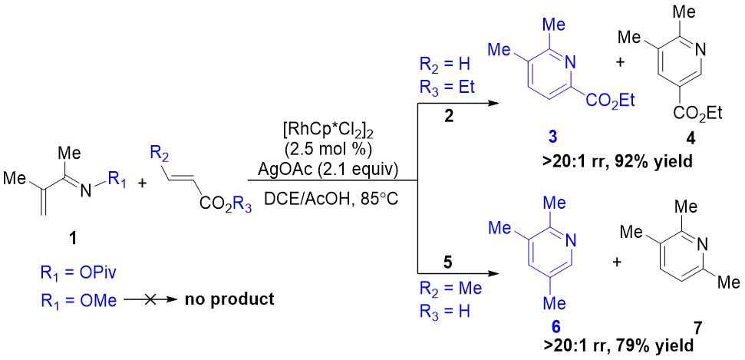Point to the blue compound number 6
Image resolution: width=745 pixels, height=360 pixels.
555,327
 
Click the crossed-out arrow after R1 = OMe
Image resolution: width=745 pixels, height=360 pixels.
150,299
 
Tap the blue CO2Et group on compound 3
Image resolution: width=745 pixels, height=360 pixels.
611,100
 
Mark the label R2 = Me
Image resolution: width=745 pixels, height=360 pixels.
450,288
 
